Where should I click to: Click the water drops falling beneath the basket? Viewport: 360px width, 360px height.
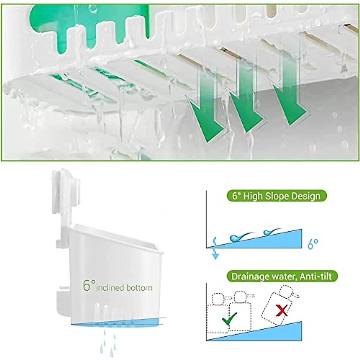pyautogui.click(x=106, y=345)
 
